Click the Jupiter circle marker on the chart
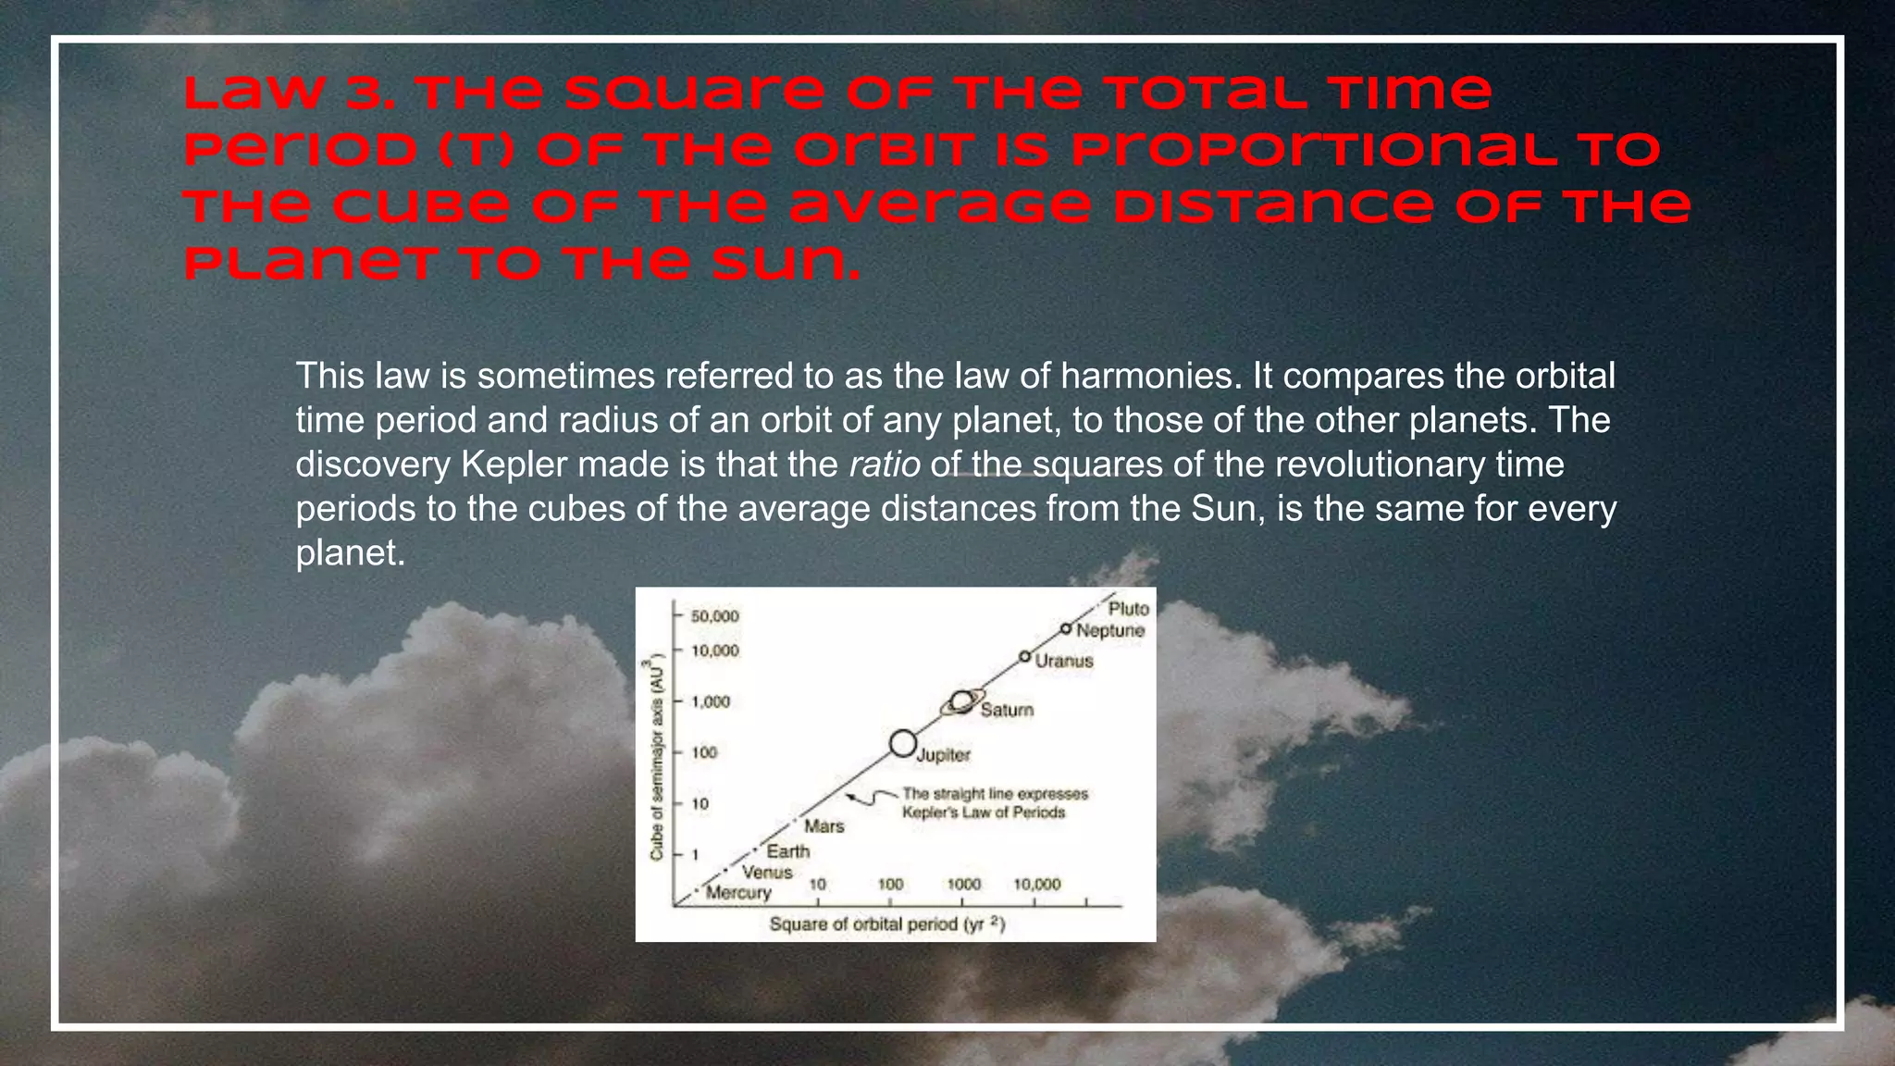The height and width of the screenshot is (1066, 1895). pos(902,743)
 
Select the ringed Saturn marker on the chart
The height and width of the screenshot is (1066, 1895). pos(962,702)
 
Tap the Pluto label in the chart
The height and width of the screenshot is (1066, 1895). pos(1128,609)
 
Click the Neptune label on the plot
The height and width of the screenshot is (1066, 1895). pos(1110,630)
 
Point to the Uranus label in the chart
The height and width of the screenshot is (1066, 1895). pos(1064,661)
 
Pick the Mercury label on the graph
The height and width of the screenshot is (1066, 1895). pos(737,893)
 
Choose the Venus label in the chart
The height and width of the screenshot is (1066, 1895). pos(767,872)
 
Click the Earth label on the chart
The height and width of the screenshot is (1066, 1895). pos(787,851)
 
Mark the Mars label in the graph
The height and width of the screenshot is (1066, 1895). pos(824,826)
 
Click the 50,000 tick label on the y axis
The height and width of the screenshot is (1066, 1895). pos(714,616)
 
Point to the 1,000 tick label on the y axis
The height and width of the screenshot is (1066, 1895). pos(711,701)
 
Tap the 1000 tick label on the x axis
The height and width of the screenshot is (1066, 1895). pos(963,885)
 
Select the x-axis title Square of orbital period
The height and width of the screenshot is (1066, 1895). pos(886,923)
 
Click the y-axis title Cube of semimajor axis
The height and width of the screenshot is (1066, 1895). pos(657,757)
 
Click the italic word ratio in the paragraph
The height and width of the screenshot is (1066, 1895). pos(884,465)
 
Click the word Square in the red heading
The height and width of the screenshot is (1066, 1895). pos(692,93)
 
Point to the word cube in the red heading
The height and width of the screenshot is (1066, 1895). pos(420,206)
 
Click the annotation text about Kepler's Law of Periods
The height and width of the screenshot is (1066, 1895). pos(983,803)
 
